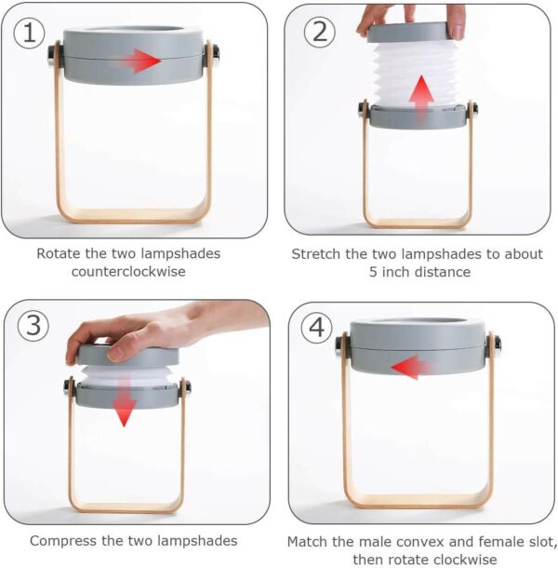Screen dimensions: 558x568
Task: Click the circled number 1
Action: click(29, 33)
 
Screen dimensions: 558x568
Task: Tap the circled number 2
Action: click(319, 32)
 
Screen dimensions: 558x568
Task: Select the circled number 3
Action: click(33, 325)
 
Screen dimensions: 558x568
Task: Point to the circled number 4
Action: click(316, 328)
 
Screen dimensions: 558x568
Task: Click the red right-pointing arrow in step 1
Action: click(140, 61)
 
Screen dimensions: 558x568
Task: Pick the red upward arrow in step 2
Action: click(421, 97)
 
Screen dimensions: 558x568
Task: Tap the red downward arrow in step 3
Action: click(124, 401)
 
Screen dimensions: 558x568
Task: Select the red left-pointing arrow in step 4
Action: click(410, 367)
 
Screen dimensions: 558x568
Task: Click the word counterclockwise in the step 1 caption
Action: click(128, 271)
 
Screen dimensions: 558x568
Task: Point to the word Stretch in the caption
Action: click(316, 254)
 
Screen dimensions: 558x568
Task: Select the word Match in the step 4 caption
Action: click(307, 542)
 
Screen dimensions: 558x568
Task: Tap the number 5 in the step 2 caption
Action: click(374, 272)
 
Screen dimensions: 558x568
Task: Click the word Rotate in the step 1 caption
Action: click(59, 253)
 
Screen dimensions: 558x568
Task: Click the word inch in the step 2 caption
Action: click(396, 272)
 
